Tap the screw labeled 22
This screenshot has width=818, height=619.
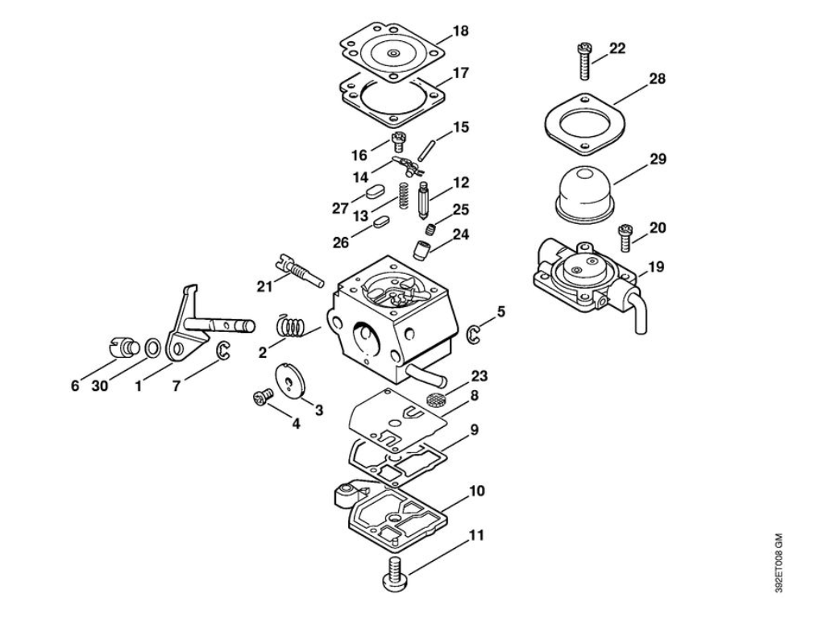[x=583, y=60]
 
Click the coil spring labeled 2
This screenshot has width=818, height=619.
[x=291, y=326]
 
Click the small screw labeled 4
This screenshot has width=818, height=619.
[x=261, y=397]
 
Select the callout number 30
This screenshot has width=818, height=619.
[x=99, y=386]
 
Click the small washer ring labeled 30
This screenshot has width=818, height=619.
[x=151, y=347]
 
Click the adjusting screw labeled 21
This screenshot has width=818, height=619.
[x=298, y=270]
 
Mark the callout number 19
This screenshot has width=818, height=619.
[x=656, y=266]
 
